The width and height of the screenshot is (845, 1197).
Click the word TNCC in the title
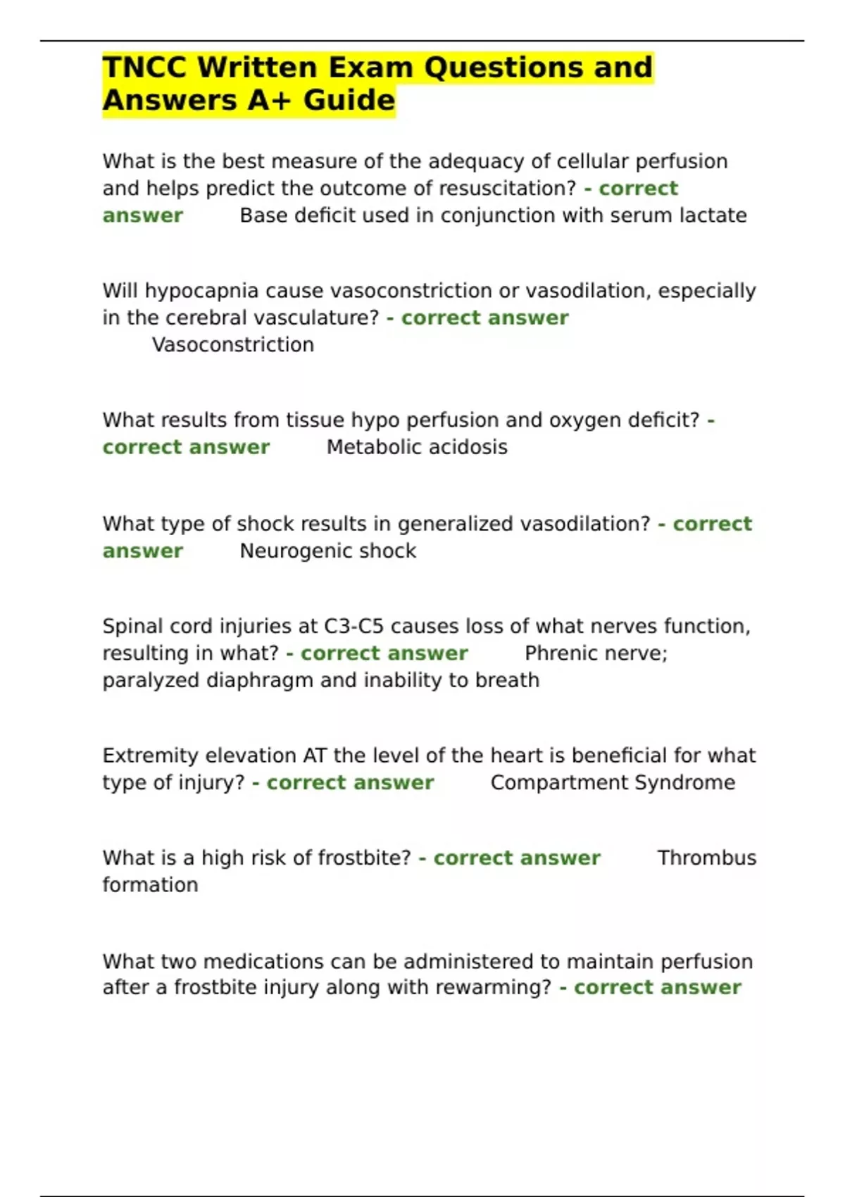click(144, 68)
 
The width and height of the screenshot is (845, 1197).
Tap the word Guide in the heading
click(349, 101)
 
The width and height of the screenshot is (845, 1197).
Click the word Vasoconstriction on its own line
click(233, 345)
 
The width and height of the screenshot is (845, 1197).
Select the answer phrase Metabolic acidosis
click(417, 447)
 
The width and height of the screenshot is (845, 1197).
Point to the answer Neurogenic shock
click(328, 551)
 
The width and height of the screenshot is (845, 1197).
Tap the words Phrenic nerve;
click(596, 653)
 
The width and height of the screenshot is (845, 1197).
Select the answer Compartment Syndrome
click(613, 782)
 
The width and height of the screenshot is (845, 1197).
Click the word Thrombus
click(706, 858)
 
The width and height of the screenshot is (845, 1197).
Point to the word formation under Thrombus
click(150, 885)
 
